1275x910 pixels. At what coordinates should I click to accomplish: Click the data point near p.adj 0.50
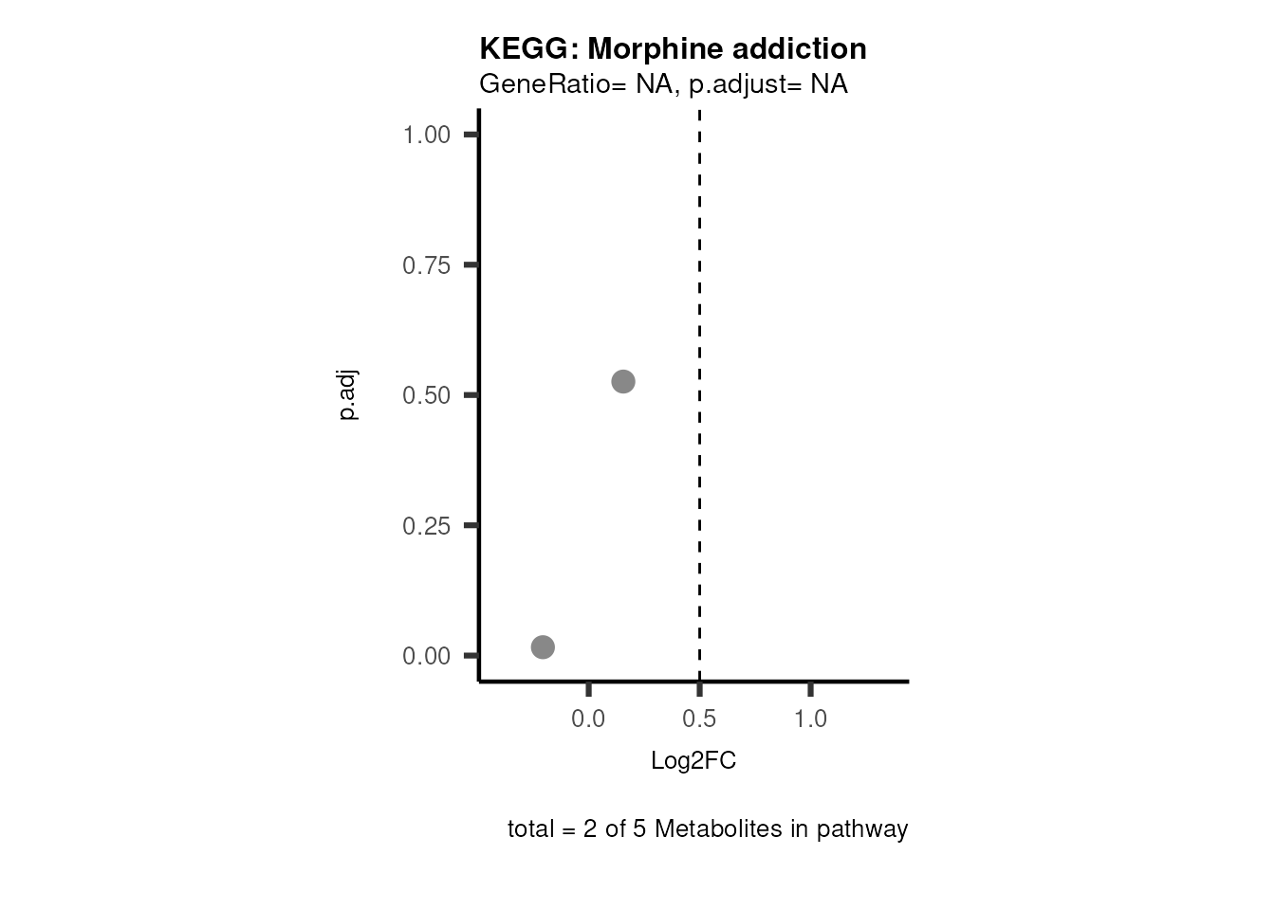coord(622,382)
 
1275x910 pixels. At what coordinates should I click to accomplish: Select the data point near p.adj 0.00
coord(543,647)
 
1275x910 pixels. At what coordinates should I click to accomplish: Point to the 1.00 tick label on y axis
coord(426,136)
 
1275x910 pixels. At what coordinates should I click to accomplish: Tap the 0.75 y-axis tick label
coord(426,265)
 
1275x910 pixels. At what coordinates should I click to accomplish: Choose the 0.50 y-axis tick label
coord(426,395)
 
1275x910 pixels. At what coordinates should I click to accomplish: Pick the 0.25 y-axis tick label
coord(426,525)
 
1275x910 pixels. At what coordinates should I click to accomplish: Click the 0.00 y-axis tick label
coord(426,656)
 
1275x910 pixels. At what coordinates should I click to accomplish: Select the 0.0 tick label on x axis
coord(588,719)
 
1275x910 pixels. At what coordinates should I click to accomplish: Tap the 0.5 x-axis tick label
coord(699,719)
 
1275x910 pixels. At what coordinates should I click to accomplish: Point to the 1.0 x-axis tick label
coord(810,719)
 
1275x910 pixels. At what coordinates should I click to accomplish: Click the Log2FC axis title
coord(693,761)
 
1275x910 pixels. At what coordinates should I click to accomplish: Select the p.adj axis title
coord(348,395)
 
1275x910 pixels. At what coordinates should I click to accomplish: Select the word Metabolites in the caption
coord(718,829)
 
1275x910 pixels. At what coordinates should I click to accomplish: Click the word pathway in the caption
coord(862,829)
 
